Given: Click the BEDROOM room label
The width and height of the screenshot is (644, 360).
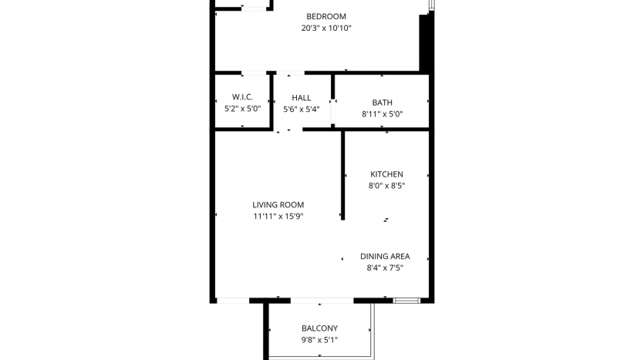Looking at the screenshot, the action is pyautogui.click(x=326, y=16).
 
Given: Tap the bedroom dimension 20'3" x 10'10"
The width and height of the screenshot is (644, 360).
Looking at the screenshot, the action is pyautogui.click(x=326, y=28).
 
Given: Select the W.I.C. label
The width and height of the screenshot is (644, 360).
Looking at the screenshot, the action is pyautogui.click(x=242, y=97).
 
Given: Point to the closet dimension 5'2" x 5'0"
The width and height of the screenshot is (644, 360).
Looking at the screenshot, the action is pyautogui.click(x=242, y=109).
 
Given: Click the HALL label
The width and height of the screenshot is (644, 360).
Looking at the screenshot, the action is pyautogui.click(x=301, y=98).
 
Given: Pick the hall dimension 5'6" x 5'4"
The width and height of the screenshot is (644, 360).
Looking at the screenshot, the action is pyautogui.click(x=301, y=109).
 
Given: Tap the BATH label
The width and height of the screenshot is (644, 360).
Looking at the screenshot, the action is pyautogui.click(x=382, y=103).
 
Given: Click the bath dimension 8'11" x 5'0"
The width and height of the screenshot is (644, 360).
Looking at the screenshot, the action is pyautogui.click(x=382, y=114).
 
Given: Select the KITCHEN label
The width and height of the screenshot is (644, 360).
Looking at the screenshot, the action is pyautogui.click(x=386, y=174).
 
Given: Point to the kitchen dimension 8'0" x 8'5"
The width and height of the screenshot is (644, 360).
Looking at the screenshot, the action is pyautogui.click(x=386, y=186).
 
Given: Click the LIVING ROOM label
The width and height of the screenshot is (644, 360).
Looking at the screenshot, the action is pyautogui.click(x=278, y=205).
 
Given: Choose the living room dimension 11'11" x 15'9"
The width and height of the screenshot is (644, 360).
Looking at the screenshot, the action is pyautogui.click(x=278, y=217).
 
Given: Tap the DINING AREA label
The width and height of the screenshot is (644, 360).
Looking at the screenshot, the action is pyautogui.click(x=385, y=256).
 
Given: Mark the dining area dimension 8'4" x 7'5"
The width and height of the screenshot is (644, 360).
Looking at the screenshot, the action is pyautogui.click(x=385, y=267).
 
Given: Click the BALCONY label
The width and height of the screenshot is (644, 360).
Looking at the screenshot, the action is pyautogui.click(x=319, y=328).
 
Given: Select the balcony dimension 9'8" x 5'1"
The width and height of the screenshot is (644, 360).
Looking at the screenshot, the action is pyautogui.click(x=319, y=340).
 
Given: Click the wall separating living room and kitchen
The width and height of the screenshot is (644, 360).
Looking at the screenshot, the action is pyautogui.click(x=343, y=176).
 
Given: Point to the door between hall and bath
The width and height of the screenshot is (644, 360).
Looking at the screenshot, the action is pyautogui.click(x=332, y=113).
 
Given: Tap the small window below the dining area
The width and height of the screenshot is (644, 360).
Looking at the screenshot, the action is pyautogui.click(x=406, y=301).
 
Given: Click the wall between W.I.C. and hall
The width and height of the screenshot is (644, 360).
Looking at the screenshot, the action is pyautogui.click(x=271, y=102).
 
